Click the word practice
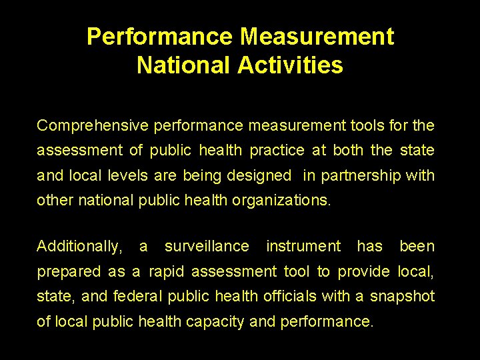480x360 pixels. pyautogui.click(x=277, y=151)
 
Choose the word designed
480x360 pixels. pyautogui.click(x=259, y=176)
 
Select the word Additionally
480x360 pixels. pyautogui.click(x=79, y=247)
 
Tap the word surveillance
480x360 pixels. pyautogui.click(x=207, y=247)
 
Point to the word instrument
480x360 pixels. pyautogui.click(x=303, y=247)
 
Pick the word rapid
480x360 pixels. pyautogui.click(x=167, y=272)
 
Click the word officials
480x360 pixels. pyautogui.click(x=291, y=297)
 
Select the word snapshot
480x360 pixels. pyautogui.click(x=402, y=297)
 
